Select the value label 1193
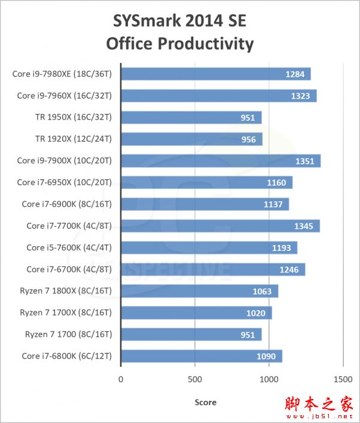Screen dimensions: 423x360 pos(282,248)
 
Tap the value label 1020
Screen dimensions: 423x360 pos(257,313)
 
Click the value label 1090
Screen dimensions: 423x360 pos(267,357)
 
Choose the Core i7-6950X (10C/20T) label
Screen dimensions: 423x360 pos(68,182)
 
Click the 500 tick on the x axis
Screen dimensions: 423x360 pos(195,379)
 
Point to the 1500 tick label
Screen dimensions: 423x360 pos(343,379)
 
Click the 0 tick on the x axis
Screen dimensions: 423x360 pos(121,379)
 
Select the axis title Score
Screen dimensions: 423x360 pos(206,402)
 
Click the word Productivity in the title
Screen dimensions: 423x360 pos(203,44)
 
